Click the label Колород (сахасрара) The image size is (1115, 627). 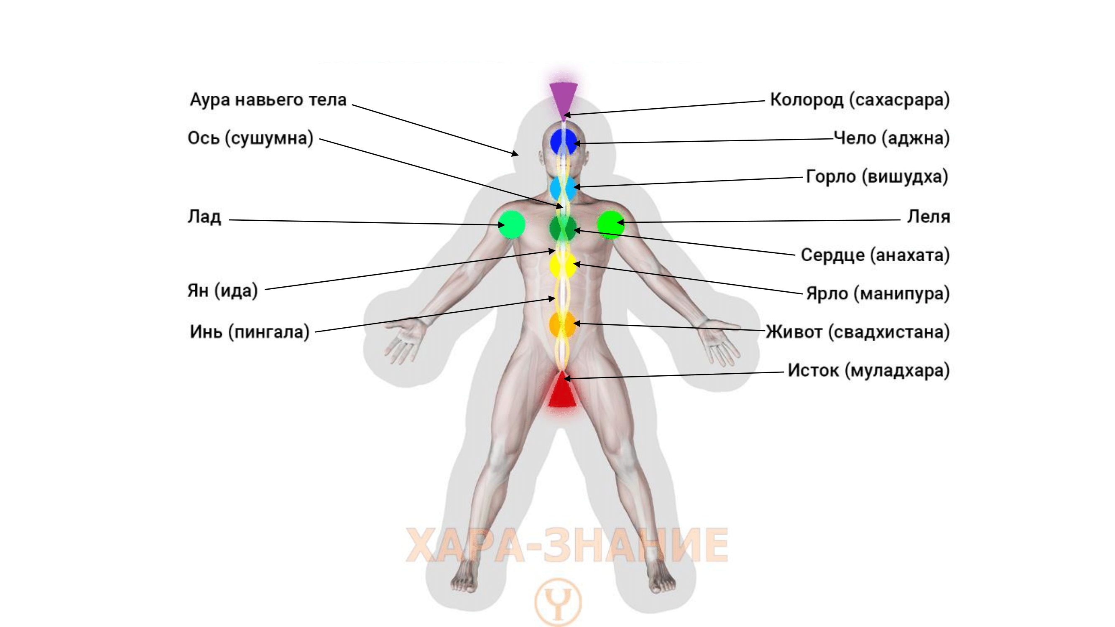tap(859, 100)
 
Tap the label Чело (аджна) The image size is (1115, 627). tap(891, 138)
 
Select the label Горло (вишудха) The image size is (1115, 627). tap(877, 177)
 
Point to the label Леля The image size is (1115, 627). tap(929, 217)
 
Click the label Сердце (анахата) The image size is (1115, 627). tap(875, 255)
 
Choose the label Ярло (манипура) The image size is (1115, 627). tap(878, 294)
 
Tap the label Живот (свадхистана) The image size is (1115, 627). tap(857, 332)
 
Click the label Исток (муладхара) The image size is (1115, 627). tap(868, 371)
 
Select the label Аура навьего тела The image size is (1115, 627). tap(268, 100)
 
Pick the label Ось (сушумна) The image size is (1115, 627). tap(250, 138)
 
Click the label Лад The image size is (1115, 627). tap(204, 217)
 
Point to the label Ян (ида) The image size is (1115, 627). tap(222, 291)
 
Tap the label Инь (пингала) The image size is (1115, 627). tap(250, 332)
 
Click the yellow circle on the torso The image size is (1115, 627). tap(563, 265)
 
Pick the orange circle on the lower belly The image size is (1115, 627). tap(562, 324)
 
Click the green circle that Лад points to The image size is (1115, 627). tap(512, 224)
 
